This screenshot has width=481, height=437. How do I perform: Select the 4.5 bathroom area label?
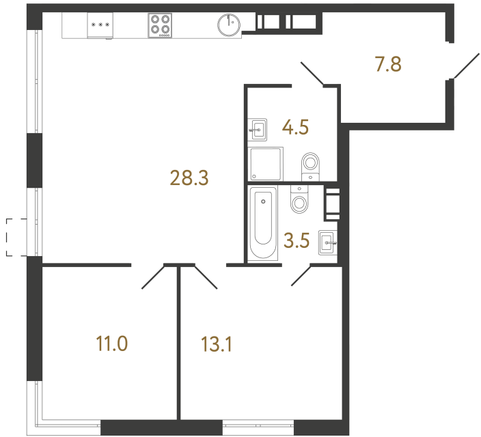[x=296, y=128]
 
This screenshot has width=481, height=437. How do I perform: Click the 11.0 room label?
[x=113, y=343]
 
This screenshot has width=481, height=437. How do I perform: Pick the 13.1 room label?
[x=217, y=344]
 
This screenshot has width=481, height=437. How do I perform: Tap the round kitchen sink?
[x=229, y=25]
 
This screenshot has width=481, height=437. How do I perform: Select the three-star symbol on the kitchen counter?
[x=100, y=25]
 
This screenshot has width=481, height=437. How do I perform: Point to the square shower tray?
[x=265, y=165]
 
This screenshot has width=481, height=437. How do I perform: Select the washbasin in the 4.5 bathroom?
[x=257, y=128]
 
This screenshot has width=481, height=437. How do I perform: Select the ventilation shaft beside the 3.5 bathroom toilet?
[x=331, y=203]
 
